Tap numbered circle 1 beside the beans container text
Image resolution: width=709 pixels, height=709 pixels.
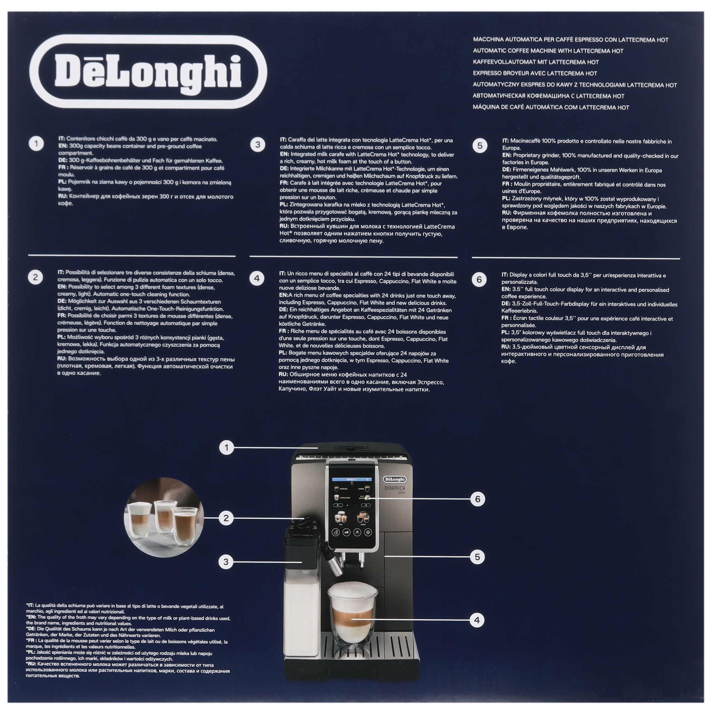[x=36, y=144]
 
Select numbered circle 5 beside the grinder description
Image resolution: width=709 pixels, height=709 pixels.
[x=480, y=146]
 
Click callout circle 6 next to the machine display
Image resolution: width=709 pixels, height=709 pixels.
[x=478, y=499]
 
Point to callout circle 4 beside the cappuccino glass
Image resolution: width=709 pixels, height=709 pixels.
[x=477, y=620]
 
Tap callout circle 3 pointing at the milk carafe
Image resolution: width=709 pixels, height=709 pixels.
[x=226, y=562]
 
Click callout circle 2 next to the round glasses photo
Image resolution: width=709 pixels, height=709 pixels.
[x=226, y=518]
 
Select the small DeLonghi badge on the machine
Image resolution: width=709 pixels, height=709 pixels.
[x=395, y=479]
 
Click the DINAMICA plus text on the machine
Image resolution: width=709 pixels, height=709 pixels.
[x=395, y=490]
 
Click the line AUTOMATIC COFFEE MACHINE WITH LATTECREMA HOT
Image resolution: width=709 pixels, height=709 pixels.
[x=548, y=51]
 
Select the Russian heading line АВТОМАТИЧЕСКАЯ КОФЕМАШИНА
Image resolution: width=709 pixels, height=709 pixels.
[x=548, y=96]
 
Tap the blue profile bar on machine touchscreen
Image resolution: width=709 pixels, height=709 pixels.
[x=352, y=479]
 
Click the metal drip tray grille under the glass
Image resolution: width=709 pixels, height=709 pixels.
[x=371, y=650]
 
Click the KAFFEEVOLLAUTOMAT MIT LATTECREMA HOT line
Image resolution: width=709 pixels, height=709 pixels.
[x=536, y=62]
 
